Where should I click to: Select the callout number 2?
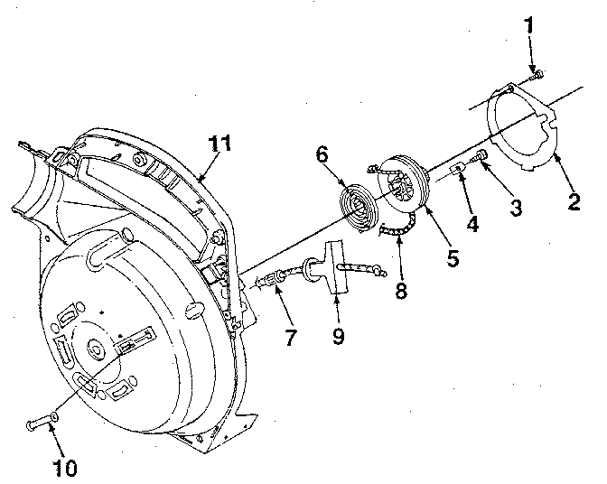573,200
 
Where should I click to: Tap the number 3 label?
515,209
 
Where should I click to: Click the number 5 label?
452,256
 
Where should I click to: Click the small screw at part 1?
537,78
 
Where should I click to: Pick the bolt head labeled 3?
482,157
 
